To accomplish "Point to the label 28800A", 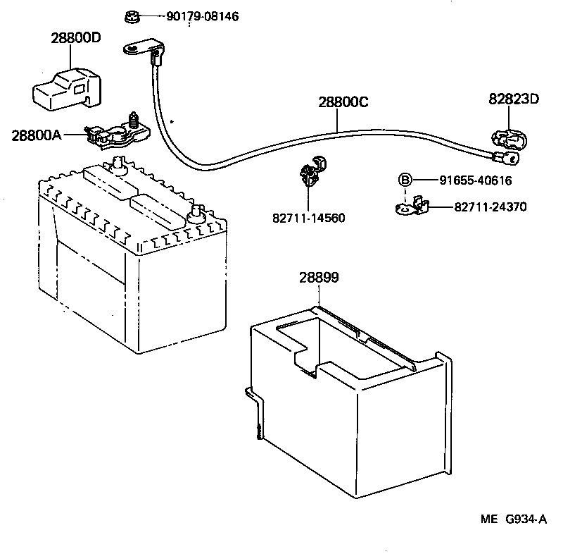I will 37,134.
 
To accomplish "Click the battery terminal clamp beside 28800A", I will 116,132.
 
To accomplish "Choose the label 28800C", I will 343,101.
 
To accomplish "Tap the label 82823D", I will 514,99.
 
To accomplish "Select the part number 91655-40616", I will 475,180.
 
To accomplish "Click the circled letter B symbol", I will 405,180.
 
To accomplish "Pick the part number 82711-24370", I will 491,207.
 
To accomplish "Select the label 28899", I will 319,278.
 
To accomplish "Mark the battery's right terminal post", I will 196,212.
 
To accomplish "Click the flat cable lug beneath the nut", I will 140,48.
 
